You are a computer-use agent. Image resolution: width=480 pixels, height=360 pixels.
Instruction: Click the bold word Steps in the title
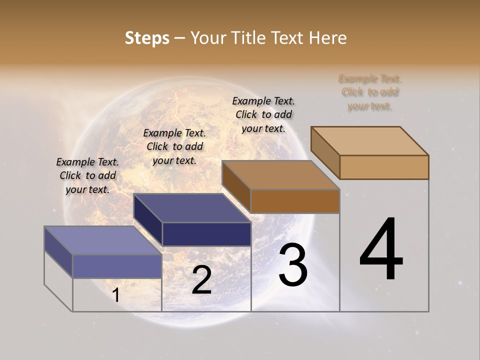(x=147, y=38)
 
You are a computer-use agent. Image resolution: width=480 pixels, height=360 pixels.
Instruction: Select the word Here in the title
(x=327, y=38)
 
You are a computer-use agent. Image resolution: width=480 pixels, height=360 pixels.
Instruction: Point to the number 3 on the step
(x=293, y=265)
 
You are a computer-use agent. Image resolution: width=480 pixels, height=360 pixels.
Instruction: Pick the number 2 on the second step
(x=201, y=280)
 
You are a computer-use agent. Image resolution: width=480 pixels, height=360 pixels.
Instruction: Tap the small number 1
(x=116, y=295)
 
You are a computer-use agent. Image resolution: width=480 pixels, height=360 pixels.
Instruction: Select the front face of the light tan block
(x=384, y=167)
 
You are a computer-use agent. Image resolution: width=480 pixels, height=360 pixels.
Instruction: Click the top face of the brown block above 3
(x=280, y=175)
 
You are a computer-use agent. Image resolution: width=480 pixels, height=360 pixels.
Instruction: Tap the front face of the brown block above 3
(x=295, y=201)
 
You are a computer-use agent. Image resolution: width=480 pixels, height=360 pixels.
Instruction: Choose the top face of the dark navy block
(x=192, y=208)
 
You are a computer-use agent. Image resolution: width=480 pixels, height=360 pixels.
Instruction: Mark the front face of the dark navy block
(x=206, y=234)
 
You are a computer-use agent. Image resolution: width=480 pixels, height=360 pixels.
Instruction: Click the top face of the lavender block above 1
(x=102, y=240)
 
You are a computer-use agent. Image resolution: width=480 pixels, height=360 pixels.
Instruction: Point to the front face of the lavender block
(x=117, y=266)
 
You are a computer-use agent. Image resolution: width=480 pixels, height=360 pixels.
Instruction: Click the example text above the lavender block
(x=87, y=175)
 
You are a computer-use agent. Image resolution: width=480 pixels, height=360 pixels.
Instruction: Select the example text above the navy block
(x=174, y=146)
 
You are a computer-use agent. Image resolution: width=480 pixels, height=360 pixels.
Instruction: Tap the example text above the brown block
(x=263, y=114)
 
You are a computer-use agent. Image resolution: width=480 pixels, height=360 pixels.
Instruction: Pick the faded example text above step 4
(x=370, y=92)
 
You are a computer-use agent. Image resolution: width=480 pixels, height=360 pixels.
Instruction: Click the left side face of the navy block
(x=148, y=220)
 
